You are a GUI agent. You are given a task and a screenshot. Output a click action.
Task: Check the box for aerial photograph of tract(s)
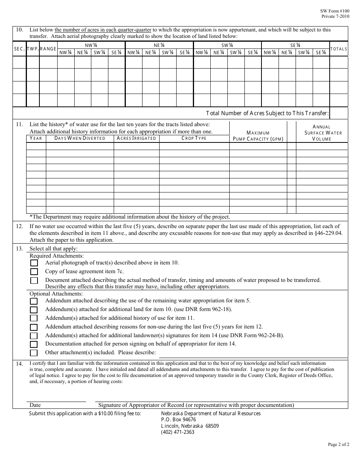click(x=34, y=263)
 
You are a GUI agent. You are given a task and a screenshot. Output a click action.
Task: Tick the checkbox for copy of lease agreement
click(x=34, y=272)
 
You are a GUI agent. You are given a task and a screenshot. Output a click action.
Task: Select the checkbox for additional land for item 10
click(x=34, y=310)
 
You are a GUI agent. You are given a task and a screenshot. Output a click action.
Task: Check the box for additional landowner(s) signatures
click(x=34, y=336)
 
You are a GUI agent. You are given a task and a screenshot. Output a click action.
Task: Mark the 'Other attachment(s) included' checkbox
click(x=34, y=353)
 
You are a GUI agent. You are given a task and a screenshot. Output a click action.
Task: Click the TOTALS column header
click(x=339, y=49)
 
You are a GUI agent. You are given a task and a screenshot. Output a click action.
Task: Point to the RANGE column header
click(x=48, y=49)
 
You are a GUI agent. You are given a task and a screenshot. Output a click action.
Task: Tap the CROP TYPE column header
click(x=194, y=138)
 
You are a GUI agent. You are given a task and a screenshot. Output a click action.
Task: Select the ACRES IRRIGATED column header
click(x=136, y=138)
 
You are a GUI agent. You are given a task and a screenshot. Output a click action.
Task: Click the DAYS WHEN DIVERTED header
click(x=80, y=138)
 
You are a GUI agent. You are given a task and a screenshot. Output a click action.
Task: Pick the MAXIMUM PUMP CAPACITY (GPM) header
click(x=258, y=136)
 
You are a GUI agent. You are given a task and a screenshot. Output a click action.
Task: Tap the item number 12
click(x=19, y=226)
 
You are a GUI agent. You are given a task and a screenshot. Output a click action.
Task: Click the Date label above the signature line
click(x=35, y=405)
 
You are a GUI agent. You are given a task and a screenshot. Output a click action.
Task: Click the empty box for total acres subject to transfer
click(x=339, y=113)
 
